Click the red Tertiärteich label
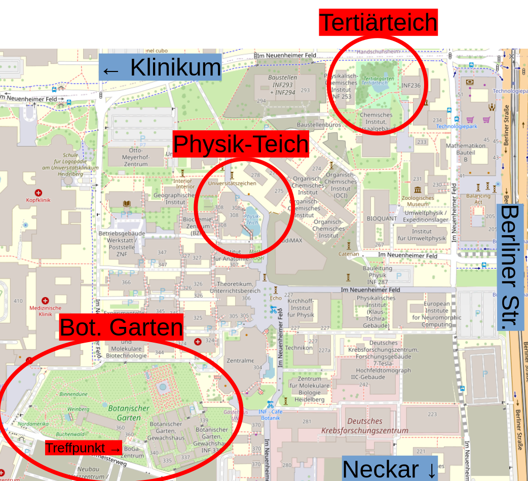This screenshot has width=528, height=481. click(x=378, y=22)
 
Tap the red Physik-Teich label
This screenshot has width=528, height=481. click(x=241, y=144)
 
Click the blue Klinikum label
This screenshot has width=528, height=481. click(x=161, y=67)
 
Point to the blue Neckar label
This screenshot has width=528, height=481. click(x=389, y=469)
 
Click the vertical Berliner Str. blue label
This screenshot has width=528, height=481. click(x=510, y=267)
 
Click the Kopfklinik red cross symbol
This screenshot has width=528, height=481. click(x=39, y=193)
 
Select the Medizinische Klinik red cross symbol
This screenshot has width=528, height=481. click(x=45, y=301)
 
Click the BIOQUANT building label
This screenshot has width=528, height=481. click(x=382, y=218)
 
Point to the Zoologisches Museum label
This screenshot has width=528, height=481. click(x=418, y=201)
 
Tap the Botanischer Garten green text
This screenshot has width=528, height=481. click(x=129, y=413)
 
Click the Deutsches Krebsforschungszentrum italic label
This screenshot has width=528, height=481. click(x=365, y=426)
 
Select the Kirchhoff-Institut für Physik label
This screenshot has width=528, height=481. click(x=301, y=308)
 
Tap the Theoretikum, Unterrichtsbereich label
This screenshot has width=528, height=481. click(x=238, y=287)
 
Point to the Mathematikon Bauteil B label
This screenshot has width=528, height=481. click(x=466, y=152)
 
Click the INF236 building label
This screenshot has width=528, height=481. click(x=411, y=85)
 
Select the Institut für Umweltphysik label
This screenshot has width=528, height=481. click(x=422, y=235)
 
